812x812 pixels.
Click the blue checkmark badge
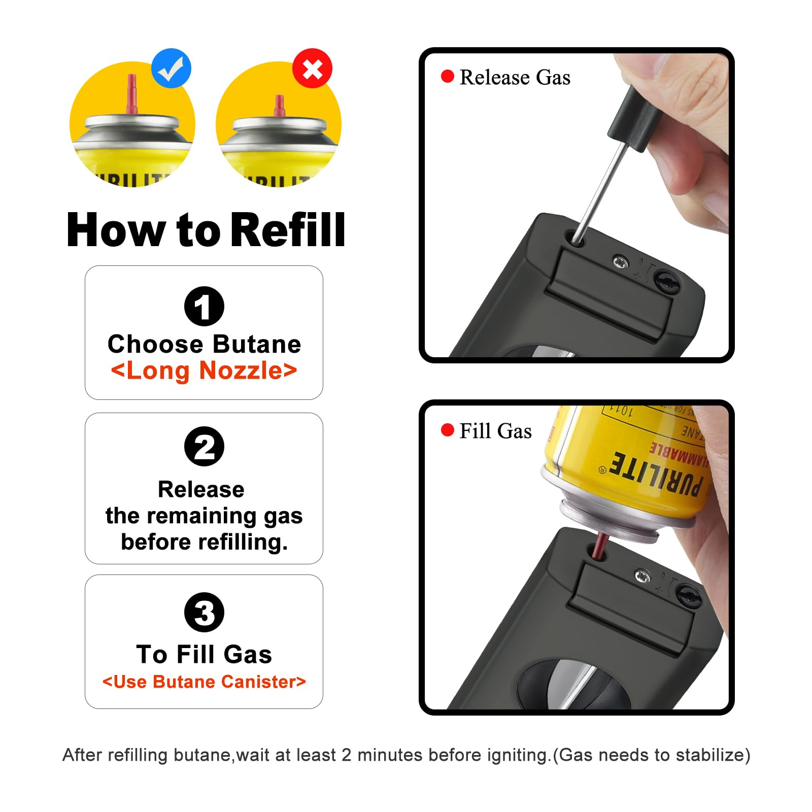coord(172,69)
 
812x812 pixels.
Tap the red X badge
coord(312,69)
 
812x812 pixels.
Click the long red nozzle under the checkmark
coord(132,96)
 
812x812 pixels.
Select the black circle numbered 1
coord(204,307)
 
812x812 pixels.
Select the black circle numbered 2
coord(204,447)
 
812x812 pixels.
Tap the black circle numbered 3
coord(204,612)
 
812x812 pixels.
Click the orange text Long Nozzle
coord(204,370)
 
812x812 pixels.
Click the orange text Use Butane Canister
coord(204,682)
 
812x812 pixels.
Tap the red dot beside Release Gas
coord(447,77)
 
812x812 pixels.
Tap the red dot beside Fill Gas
coord(447,430)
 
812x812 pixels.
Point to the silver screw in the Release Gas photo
coord(620,262)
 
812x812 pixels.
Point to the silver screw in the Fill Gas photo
coord(642,576)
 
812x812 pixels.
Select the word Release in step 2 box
coord(201,490)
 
